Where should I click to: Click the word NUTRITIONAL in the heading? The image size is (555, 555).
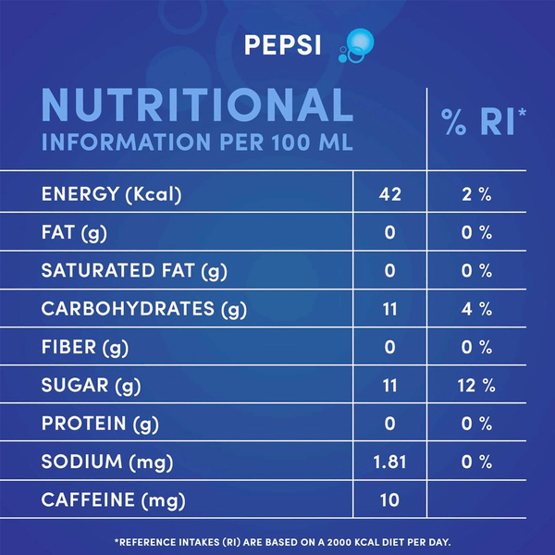click(197, 106)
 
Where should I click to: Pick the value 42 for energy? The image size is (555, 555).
click(389, 195)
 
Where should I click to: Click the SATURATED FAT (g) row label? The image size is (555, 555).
click(134, 271)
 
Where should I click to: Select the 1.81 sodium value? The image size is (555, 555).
click(389, 462)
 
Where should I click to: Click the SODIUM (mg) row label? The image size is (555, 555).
click(107, 462)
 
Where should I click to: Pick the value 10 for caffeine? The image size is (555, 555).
click(389, 500)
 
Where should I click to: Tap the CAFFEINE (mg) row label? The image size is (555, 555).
click(113, 500)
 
